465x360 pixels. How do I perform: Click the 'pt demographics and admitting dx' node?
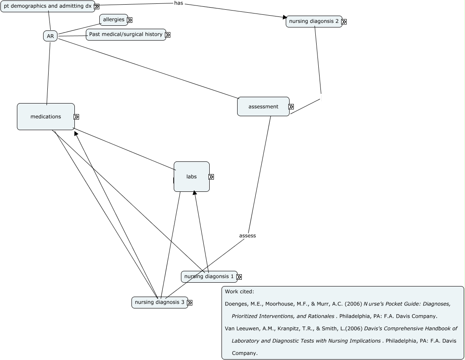(x=47, y=6)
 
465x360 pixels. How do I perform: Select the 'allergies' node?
(x=113, y=19)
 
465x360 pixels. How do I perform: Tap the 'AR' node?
(x=50, y=36)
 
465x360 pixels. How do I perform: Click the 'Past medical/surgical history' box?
(x=126, y=34)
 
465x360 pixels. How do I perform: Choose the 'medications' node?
(x=46, y=117)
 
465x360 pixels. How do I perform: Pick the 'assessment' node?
(x=263, y=106)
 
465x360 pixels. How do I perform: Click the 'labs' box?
(x=191, y=177)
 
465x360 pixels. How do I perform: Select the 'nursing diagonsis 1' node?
(x=209, y=277)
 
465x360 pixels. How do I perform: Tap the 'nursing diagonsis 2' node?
(x=314, y=22)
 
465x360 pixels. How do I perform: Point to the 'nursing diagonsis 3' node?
(x=159, y=302)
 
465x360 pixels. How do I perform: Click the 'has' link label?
(x=179, y=3)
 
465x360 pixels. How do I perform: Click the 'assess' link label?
(x=247, y=236)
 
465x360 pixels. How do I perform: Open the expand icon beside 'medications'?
(x=77, y=117)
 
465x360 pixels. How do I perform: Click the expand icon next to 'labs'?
(x=211, y=177)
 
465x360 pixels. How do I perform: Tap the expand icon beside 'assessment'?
(x=291, y=107)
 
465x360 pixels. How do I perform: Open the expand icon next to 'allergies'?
(x=130, y=20)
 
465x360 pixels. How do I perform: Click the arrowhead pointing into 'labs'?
(x=194, y=193)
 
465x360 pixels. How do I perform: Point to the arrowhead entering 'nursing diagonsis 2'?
(x=284, y=17)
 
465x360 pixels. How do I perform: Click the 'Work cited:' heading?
(x=239, y=292)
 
